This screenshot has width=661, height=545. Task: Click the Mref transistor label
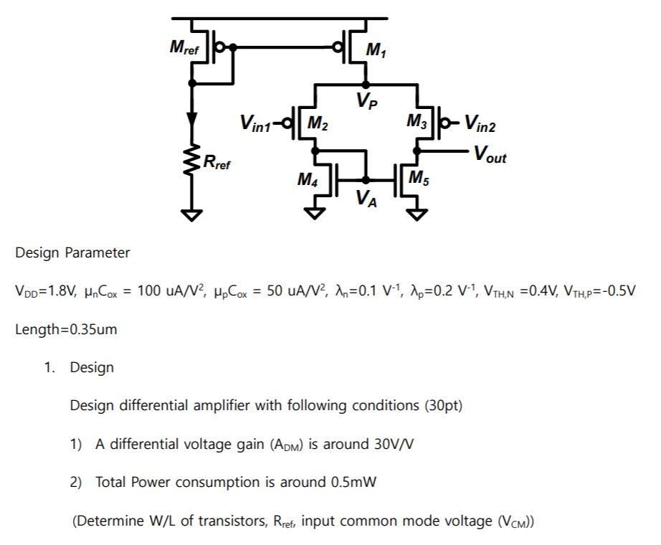[x=184, y=48]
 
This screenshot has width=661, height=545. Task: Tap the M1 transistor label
[x=374, y=50]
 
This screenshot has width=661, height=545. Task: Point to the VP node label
[x=366, y=101]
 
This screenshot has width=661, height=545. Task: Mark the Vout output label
[x=490, y=154]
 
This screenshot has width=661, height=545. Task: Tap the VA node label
[x=367, y=199]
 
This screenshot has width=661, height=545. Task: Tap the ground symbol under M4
[x=315, y=212]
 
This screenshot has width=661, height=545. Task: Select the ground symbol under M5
[x=417, y=212]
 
